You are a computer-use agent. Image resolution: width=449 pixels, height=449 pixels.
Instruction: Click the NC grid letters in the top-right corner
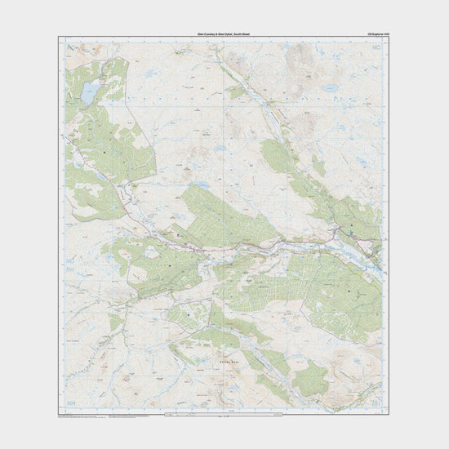click(x=376, y=51)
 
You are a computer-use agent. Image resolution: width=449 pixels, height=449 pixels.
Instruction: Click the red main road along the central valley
click(x=245, y=245)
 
